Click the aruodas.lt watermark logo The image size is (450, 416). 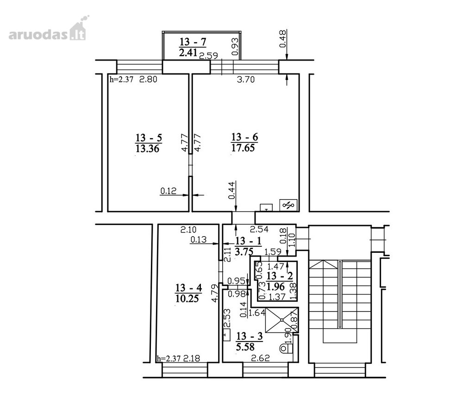pyautogui.click(x=48, y=30)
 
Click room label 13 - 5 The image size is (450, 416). pyautogui.click(x=149, y=138)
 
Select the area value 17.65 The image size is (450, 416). pyautogui.click(x=243, y=148)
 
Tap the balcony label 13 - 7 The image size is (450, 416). pyautogui.click(x=193, y=42)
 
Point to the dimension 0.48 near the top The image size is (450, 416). pyautogui.click(x=283, y=39)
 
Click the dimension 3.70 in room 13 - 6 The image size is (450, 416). pyautogui.click(x=246, y=79)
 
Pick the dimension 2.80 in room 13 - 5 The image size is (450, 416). pyautogui.click(x=148, y=79)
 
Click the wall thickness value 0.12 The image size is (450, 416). pyautogui.click(x=169, y=191)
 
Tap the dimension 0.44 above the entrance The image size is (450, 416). pyautogui.click(x=231, y=190)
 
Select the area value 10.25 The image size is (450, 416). pyautogui.click(x=187, y=299)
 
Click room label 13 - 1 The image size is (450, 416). pyautogui.click(x=248, y=241)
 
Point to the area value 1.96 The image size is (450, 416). pyautogui.click(x=275, y=287)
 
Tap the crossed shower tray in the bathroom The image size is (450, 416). pyautogui.click(x=282, y=320)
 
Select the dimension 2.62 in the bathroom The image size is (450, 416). pyautogui.click(x=260, y=358)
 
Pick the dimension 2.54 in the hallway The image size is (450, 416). pyautogui.click(x=259, y=229)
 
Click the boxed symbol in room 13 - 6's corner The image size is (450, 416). pyautogui.click(x=289, y=205)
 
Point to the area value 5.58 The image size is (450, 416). pyautogui.click(x=245, y=347)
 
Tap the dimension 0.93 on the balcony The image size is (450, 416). pyautogui.click(x=235, y=47)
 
